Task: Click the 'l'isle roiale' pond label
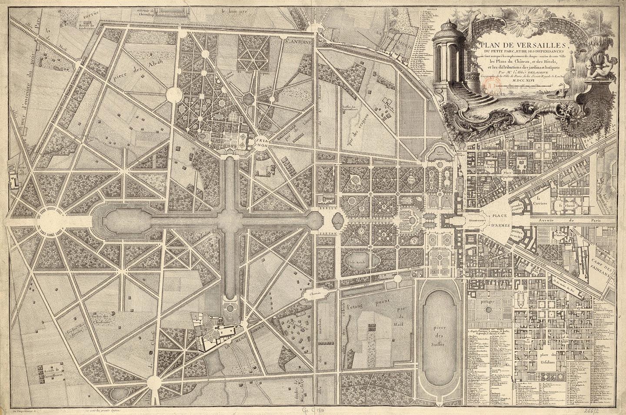(357, 262)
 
